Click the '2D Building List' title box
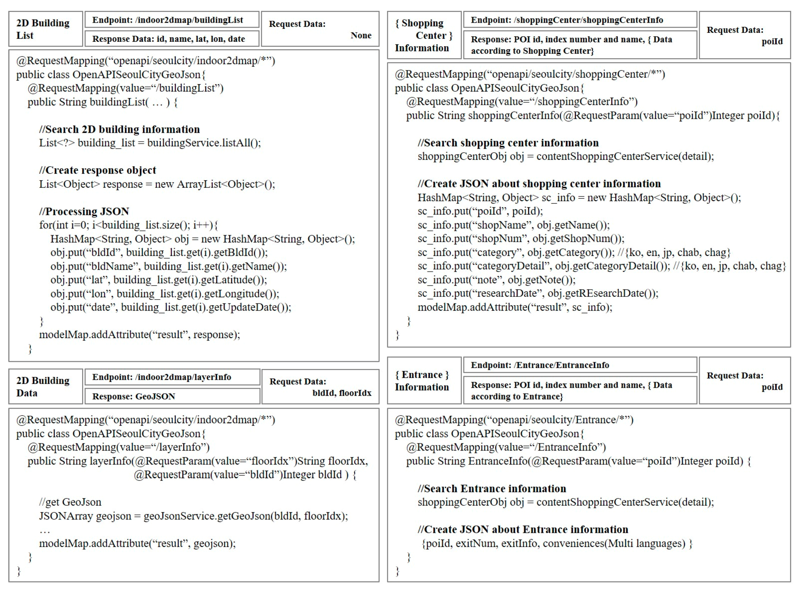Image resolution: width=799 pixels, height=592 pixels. point(46,29)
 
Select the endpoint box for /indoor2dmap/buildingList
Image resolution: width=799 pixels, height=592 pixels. point(172,20)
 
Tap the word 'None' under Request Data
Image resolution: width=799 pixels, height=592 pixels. point(361,35)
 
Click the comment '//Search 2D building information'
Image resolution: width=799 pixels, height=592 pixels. point(119,129)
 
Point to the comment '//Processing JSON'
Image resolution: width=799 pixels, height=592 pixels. point(84,212)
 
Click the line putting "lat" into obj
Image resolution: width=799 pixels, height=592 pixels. point(158,280)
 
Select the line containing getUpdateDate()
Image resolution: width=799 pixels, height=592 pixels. point(171,307)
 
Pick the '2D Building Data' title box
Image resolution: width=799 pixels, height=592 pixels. point(46,387)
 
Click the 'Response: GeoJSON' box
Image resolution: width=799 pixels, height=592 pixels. point(172,396)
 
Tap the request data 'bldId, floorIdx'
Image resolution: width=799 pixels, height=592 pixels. point(342,393)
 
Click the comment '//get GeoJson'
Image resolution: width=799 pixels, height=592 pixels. point(70,502)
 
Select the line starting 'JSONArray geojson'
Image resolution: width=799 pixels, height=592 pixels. point(193,516)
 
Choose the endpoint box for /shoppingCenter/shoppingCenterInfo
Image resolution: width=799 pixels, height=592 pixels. point(580,20)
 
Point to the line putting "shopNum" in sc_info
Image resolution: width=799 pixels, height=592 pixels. point(521,239)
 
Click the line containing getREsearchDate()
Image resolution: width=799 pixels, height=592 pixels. point(538,294)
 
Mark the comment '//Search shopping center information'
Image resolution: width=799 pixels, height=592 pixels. point(508,143)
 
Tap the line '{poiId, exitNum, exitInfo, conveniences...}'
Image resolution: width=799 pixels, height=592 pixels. point(557,544)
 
